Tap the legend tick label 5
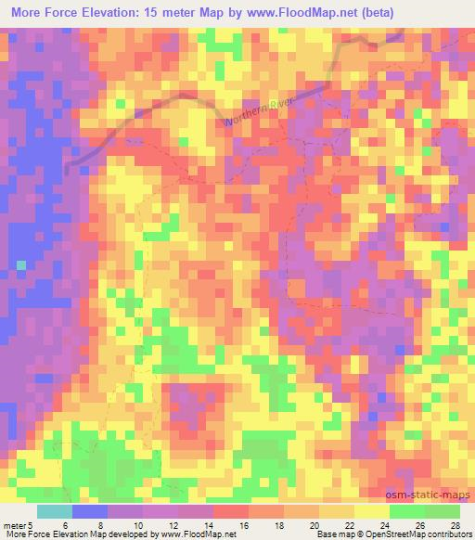click(32, 524)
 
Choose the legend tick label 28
click(455, 524)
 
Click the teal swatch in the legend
click(54, 511)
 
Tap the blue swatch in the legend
click(89, 511)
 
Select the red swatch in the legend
click(230, 511)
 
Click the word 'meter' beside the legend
click(14, 524)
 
